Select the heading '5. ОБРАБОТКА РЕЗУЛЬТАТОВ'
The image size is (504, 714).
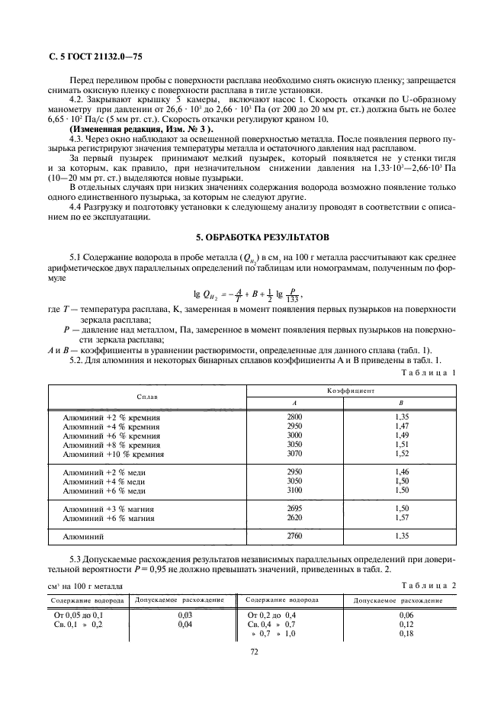pyautogui.click(x=252, y=236)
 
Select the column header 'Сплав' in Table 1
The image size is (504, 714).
pyautogui.click(x=148, y=397)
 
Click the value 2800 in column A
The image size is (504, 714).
pyautogui.click(x=294, y=417)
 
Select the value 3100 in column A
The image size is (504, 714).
pyautogui.click(x=294, y=490)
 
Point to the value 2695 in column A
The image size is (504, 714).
pyautogui.click(x=294, y=509)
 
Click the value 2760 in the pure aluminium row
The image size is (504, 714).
pyautogui.click(x=294, y=536)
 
